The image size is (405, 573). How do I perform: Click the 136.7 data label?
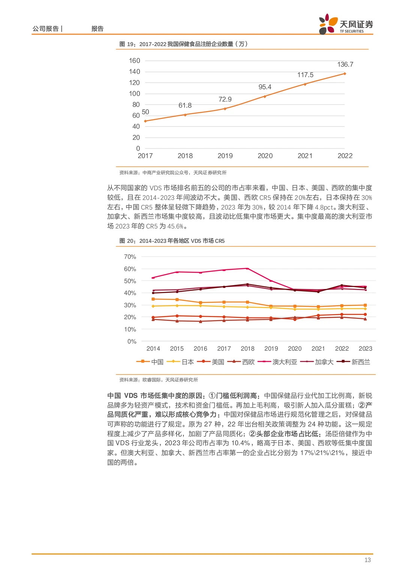click(345, 65)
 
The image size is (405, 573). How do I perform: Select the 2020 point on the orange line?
click(265, 96)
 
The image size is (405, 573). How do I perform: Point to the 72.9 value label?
click(225, 99)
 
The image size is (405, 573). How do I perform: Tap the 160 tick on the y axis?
click(134, 61)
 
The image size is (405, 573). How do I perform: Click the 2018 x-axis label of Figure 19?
click(185, 156)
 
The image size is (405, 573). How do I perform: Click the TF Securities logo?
click(346, 24)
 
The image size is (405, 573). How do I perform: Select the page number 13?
click(367, 560)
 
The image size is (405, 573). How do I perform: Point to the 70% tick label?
click(130, 257)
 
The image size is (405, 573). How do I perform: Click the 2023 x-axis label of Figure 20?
click(365, 349)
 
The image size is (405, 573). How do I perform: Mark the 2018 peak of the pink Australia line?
click(247, 268)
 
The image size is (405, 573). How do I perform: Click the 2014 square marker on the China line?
click(153, 299)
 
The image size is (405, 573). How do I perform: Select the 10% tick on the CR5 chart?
click(130, 329)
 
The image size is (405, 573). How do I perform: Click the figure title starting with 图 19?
click(183, 44)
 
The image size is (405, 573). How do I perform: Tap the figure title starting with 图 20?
click(172, 241)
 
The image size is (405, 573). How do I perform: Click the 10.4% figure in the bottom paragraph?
click(240, 443)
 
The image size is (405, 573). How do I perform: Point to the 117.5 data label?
click(305, 75)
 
